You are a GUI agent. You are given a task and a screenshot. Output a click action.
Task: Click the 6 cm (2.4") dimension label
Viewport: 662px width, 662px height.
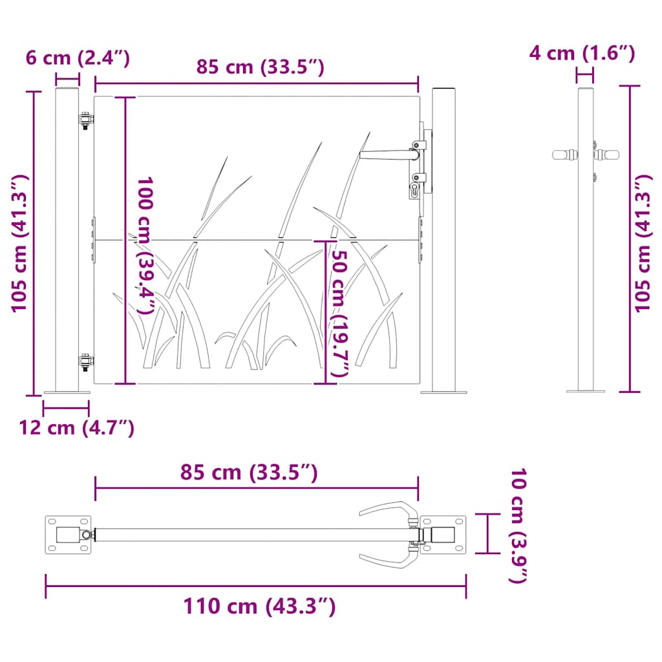click(78, 58)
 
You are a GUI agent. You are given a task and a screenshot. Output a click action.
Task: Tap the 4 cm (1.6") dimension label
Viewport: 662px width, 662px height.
click(582, 53)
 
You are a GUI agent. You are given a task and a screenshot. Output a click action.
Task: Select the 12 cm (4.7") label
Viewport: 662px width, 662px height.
click(76, 428)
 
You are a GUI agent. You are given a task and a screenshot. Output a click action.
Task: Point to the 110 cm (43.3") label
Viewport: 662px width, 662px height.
click(259, 606)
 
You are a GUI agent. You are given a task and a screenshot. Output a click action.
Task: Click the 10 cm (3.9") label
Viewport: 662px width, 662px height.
click(518, 526)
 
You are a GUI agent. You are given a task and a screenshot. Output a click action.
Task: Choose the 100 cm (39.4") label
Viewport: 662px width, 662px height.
click(145, 246)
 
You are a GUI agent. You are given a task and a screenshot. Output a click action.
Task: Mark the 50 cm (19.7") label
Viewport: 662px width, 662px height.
click(339, 314)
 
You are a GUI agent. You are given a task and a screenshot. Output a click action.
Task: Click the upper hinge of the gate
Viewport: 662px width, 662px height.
click(86, 120)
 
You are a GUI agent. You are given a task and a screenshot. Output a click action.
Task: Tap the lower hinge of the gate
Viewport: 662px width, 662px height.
click(86, 362)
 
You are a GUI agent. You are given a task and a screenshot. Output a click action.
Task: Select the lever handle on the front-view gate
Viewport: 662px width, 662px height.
click(389, 155)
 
